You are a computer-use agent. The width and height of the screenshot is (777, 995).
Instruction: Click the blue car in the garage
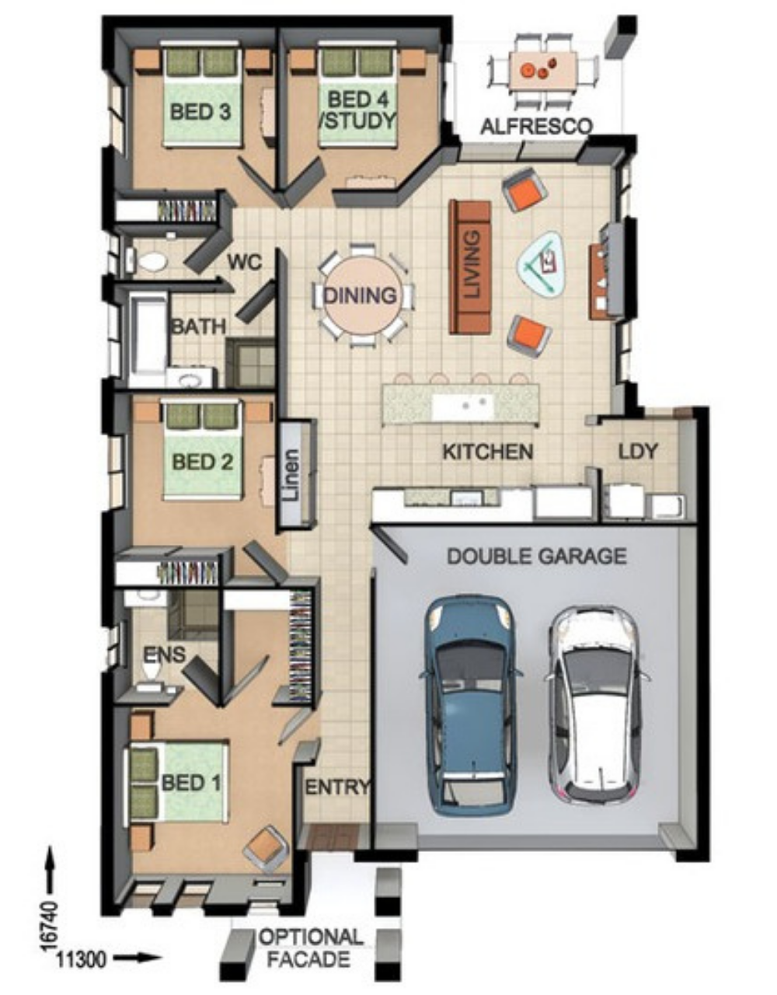(472, 707)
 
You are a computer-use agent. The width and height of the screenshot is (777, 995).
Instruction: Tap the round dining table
(361, 296)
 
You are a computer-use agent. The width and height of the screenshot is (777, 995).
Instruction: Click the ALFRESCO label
(536, 126)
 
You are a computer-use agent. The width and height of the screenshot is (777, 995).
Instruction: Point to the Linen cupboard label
(291, 474)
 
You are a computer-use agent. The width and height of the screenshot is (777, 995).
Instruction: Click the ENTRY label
(336, 787)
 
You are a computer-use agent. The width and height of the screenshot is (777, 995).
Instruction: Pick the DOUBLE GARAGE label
(537, 556)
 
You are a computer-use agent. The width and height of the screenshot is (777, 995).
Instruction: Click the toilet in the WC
(149, 262)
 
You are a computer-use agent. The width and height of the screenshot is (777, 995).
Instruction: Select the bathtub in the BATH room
(148, 335)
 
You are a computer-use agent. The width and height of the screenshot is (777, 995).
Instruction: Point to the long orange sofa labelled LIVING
(470, 266)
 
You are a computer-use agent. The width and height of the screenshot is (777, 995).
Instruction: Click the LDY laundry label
(638, 451)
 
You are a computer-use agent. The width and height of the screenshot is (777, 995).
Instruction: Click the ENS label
(164, 655)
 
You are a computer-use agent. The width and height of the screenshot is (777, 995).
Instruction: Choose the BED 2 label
(202, 462)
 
